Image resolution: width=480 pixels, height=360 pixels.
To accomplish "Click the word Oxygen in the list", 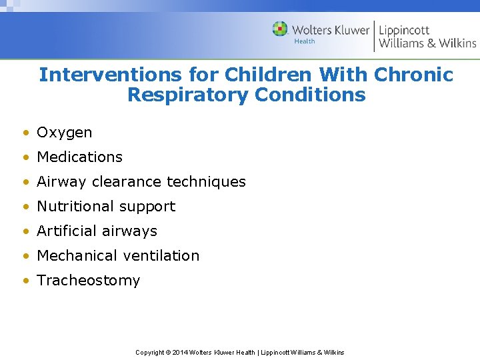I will click(64, 133).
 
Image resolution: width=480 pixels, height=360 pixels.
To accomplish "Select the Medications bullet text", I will click(79, 157).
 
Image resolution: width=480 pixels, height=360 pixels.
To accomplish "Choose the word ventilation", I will click(165, 256).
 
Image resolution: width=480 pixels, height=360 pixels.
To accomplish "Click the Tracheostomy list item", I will click(88, 281).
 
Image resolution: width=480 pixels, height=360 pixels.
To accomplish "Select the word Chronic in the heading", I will click(413, 75).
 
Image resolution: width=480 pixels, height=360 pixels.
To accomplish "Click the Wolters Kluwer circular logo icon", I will click(280, 29).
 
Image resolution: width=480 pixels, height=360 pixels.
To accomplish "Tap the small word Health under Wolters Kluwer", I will click(305, 41).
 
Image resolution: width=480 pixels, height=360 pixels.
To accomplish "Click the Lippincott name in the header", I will click(405, 30).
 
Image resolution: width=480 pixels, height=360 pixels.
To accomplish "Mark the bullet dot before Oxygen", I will click(25, 133).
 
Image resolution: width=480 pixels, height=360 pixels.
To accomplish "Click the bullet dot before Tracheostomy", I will click(25, 281).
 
